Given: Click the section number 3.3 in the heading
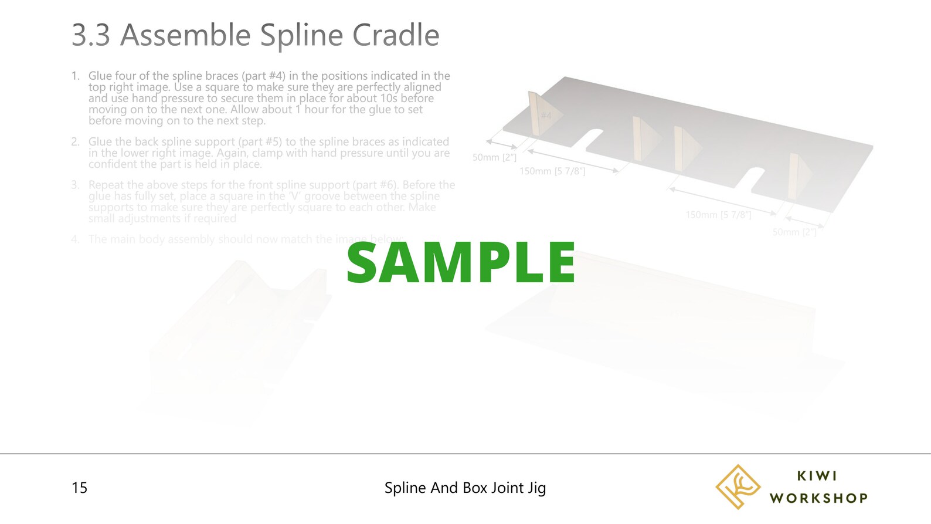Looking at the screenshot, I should (x=91, y=35).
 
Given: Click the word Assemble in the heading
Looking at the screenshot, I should (x=186, y=35).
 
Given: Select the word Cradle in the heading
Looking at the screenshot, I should (x=396, y=35).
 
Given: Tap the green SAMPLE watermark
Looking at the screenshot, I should (x=461, y=263).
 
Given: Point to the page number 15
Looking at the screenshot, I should (x=79, y=488).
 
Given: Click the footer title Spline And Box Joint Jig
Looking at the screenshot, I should (x=465, y=488).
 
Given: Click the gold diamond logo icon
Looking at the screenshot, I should (x=737, y=486).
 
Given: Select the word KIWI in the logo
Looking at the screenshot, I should (x=817, y=476).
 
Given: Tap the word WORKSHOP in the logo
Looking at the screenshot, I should (x=818, y=498).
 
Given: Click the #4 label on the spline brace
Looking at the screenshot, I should (x=546, y=116).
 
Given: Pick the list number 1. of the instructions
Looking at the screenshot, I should (x=75, y=76).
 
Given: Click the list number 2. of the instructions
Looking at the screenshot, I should (x=75, y=141).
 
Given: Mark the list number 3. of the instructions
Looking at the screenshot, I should (x=75, y=185).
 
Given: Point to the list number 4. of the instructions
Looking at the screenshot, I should (x=75, y=239).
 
